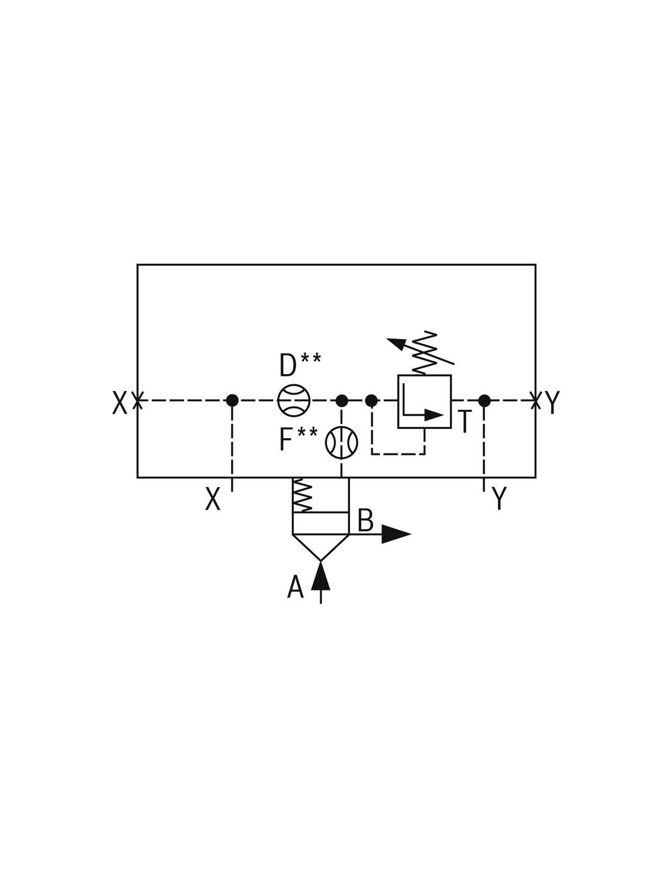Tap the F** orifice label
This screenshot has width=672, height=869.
coord(299,439)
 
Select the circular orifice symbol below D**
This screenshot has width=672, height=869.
coord(294,400)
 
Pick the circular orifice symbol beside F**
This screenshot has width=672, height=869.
coord(341,442)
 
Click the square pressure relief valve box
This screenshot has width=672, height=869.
coord(425,402)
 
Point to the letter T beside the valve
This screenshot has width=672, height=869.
coord(464,422)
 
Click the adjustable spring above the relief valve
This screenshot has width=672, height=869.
coord(425,353)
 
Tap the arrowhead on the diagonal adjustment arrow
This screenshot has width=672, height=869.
coord(396,343)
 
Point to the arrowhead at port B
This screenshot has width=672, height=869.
coord(396,534)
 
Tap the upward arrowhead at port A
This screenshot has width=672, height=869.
coord(321,576)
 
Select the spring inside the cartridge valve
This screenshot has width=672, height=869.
coord(302,495)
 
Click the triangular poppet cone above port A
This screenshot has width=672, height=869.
coord(321,547)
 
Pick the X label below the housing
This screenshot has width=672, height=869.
coord(213,499)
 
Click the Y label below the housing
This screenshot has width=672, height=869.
coord(499,498)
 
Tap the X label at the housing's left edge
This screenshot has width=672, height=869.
coord(120,402)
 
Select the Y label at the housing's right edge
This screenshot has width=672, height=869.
coord(552,402)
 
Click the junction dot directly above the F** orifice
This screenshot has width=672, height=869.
coord(341,400)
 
